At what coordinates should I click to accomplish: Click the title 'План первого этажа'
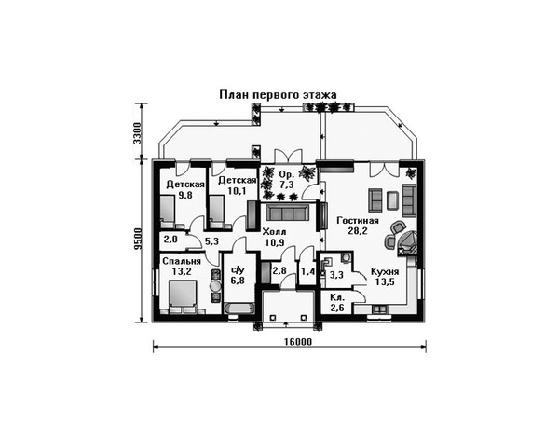(x=278, y=95)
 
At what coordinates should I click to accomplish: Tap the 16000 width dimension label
(x=298, y=342)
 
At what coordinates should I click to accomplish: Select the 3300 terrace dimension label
(x=137, y=132)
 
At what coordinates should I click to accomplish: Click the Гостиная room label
(x=358, y=220)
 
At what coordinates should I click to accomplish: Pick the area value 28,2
(x=358, y=231)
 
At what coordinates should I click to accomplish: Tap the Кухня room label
(x=385, y=272)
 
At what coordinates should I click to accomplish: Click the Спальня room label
(x=182, y=261)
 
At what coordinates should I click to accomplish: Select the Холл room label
(x=274, y=232)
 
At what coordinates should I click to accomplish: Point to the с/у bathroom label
(x=238, y=270)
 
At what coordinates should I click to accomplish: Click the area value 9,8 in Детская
(x=185, y=195)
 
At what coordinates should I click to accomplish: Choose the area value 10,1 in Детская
(x=237, y=191)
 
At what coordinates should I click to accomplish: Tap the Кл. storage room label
(x=337, y=297)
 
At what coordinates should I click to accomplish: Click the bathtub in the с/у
(x=239, y=309)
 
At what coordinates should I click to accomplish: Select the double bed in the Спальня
(x=183, y=295)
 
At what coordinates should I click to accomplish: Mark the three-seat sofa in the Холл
(x=287, y=213)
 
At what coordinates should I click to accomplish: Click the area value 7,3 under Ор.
(x=287, y=185)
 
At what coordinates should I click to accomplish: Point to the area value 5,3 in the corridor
(x=211, y=241)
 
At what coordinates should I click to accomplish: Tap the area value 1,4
(x=308, y=272)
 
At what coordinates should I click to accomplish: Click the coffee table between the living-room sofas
(x=392, y=200)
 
